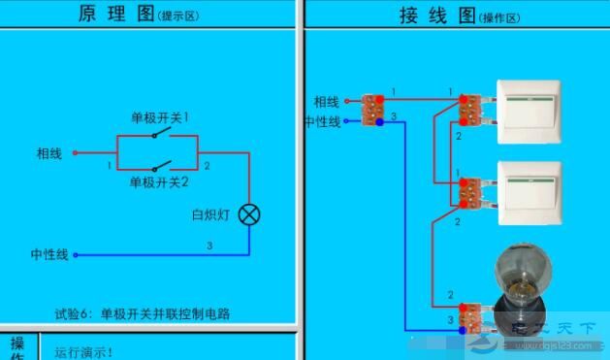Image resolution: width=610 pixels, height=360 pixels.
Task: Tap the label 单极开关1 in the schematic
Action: point(160,117)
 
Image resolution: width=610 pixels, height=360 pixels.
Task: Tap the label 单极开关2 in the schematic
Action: point(159,181)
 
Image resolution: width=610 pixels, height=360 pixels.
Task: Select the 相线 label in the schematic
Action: point(49,153)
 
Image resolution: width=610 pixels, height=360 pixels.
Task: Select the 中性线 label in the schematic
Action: point(49,255)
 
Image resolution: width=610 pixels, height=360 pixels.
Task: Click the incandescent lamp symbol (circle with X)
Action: point(249,214)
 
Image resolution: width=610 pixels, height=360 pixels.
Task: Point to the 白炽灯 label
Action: point(209,214)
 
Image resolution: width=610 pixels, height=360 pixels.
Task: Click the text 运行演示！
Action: point(84,352)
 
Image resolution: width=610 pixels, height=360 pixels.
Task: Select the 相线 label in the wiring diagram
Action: point(327,101)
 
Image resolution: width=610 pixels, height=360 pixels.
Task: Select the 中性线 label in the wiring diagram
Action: point(322,121)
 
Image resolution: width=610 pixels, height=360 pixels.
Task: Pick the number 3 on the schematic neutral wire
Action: point(209,246)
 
